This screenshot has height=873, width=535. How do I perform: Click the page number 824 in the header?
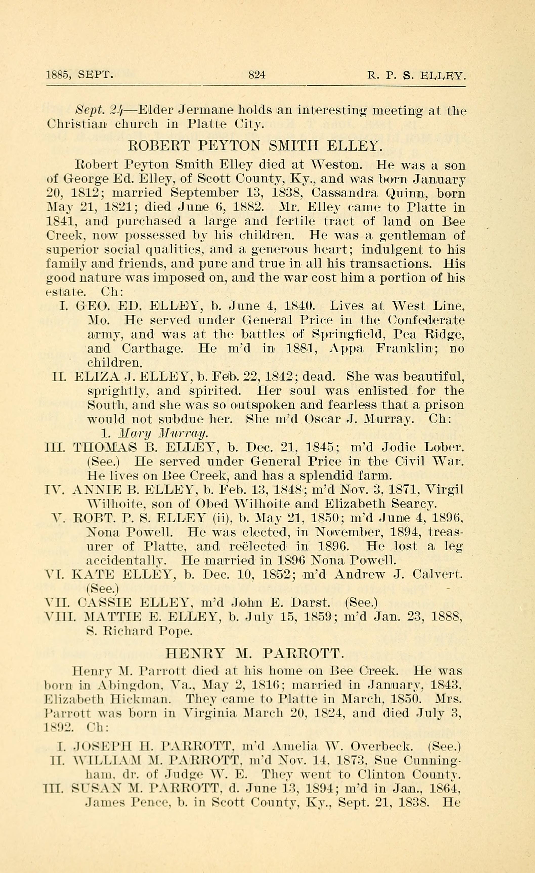pyautogui.click(x=256, y=75)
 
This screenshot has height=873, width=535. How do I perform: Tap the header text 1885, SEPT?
pyautogui.click(x=80, y=75)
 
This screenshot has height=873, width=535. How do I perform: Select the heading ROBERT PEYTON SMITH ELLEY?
pyautogui.click(x=255, y=146)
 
